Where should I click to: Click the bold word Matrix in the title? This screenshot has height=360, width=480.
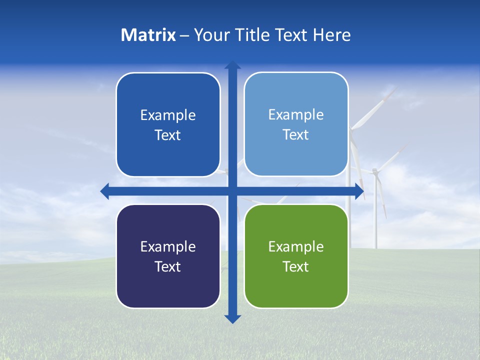148,35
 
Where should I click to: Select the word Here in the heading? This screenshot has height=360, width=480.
331,35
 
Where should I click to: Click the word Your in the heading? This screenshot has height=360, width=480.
212,35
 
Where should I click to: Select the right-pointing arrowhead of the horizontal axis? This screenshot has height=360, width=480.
359,191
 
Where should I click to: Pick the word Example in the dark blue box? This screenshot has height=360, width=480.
168,115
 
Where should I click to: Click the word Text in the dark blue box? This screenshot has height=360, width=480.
168,135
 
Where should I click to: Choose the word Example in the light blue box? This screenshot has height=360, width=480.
296,115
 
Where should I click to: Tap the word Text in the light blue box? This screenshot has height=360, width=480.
296,135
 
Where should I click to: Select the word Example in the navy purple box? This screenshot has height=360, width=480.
168,246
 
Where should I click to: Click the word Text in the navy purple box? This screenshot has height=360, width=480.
168,266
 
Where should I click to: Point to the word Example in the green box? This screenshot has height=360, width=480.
296,246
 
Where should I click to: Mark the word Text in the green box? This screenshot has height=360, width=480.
296,266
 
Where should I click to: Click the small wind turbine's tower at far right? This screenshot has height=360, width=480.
375,220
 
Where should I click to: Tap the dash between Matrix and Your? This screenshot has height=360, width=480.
184,35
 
